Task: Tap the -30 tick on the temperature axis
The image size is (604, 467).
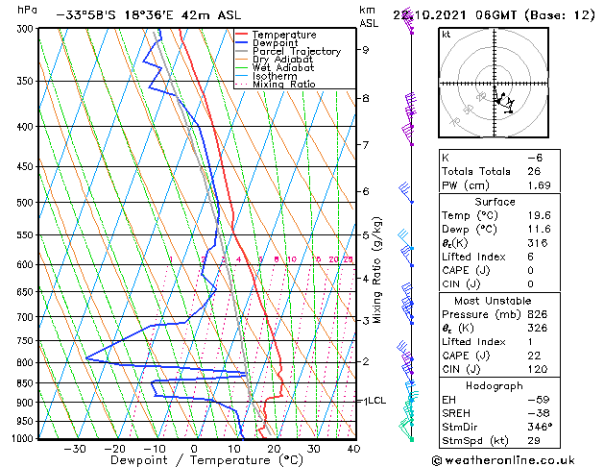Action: pyautogui.click(x=74, y=449)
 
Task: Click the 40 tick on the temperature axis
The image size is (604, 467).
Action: pyautogui.click(x=353, y=449)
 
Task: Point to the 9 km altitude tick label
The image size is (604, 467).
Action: pyautogui.click(x=365, y=50)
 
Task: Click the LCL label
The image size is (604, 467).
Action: pyautogui.click(x=376, y=401)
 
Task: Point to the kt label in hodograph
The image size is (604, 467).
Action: pyautogui.click(x=446, y=34)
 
